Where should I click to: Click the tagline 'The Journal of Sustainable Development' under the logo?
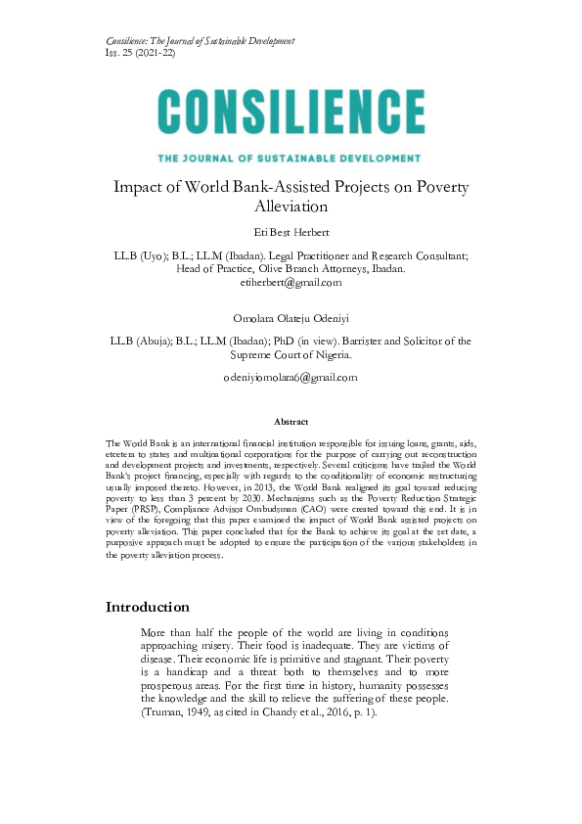coord(291,157)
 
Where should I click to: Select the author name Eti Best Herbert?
coord(291,231)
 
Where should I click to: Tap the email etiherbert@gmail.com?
coord(291,283)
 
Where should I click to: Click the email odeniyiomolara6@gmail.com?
coord(291,377)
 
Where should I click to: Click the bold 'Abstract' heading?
coord(291,421)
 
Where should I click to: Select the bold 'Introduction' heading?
coord(147,607)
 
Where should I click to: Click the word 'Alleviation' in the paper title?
coord(291,206)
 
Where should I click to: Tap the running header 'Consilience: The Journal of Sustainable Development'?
coord(200,40)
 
